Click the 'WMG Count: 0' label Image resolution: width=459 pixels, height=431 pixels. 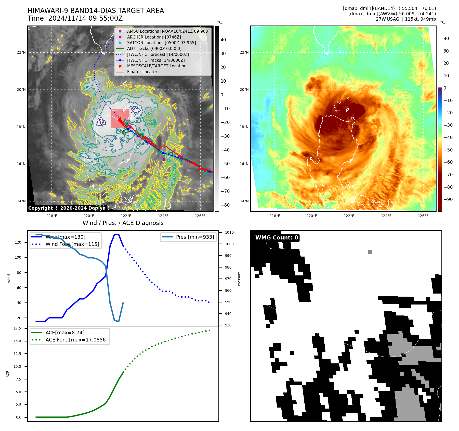(277, 238)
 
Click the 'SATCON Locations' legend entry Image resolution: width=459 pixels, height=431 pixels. (161, 43)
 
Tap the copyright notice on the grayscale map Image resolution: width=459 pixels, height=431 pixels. (67, 208)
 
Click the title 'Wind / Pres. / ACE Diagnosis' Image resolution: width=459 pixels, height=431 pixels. (123, 223)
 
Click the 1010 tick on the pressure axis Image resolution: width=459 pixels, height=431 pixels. (229, 232)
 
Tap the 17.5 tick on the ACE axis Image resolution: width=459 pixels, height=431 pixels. (17, 328)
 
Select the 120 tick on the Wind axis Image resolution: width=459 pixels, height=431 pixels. (18, 242)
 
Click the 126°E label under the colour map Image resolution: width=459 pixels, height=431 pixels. (423, 216)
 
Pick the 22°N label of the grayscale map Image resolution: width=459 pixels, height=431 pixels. (21, 53)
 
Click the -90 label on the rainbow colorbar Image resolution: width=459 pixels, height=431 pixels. (448, 199)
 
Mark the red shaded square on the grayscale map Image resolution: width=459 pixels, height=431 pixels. (120, 119)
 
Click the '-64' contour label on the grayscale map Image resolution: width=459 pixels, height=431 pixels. (112, 150)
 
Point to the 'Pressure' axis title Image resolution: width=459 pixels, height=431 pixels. (239, 278)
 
